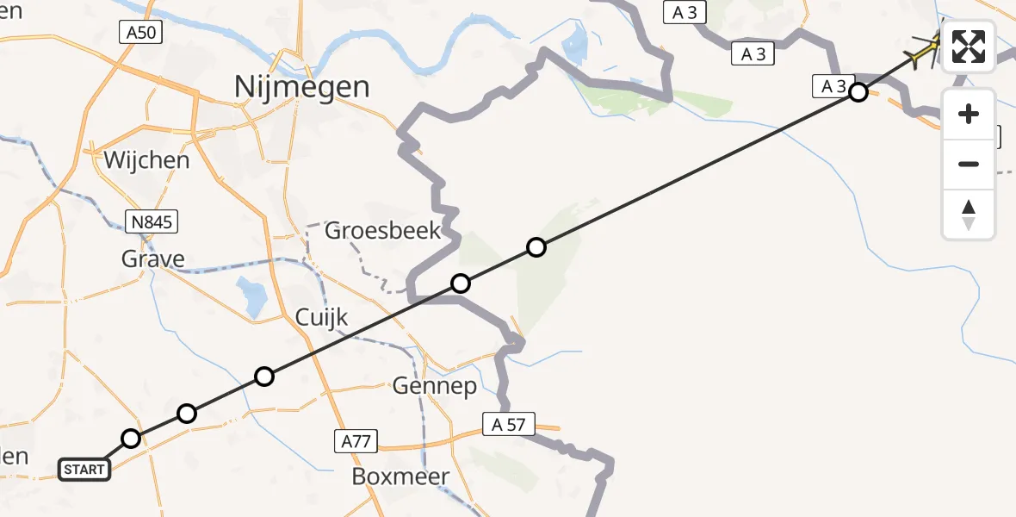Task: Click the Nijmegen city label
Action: tap(302, 86)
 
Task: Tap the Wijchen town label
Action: tap(146, 160)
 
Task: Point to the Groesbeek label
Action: tap(383, 231)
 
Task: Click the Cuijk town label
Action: tap(321, 317)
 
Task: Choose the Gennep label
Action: tap(435, 386)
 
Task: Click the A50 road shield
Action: tap(139, 34)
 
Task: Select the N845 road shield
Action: tap(154, 223)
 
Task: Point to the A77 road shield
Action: tap(356, 442)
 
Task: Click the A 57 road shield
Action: tap(509, 424)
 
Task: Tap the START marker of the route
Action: tap(84, 470)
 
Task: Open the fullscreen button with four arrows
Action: tap(969, 47)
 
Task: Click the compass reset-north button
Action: tap(969, 214)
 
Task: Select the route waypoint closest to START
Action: tap(130, 439)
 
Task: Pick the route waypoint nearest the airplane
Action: tap(858, 92)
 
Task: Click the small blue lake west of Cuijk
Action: tap(253, 296)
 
